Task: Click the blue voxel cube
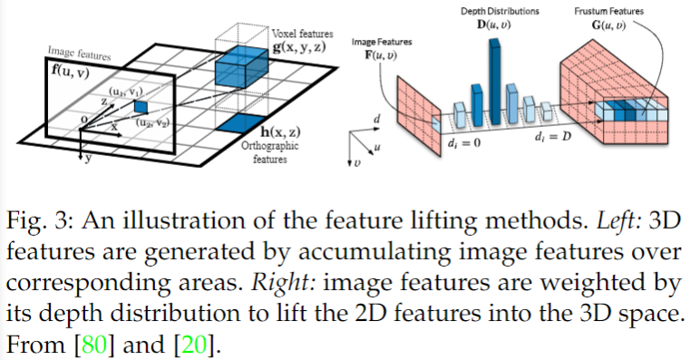click(x=241, y=66)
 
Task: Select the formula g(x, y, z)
click(x=300, y=46)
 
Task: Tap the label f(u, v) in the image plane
click(x=71, y=71)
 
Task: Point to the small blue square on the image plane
click(x=141, y=106)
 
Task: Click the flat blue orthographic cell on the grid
click(x=240, y=123)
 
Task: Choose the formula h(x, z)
click(x=280, y=131)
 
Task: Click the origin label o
click(x=83, y=119)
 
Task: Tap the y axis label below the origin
click(x=89, y=158)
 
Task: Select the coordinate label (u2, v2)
click(x=152, y=123)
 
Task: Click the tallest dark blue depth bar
click(x=495, y=81)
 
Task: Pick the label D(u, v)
click(x=494, y=24)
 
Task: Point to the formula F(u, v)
click(x=381, y=55)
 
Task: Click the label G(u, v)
click(x=608, y=24)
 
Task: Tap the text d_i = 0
click(x=464, y=143)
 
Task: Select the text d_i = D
click(x=553, y=136)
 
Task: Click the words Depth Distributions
click(x=500, y=11)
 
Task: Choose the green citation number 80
click(x=94, y=345)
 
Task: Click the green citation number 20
click(x=195, y=345)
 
